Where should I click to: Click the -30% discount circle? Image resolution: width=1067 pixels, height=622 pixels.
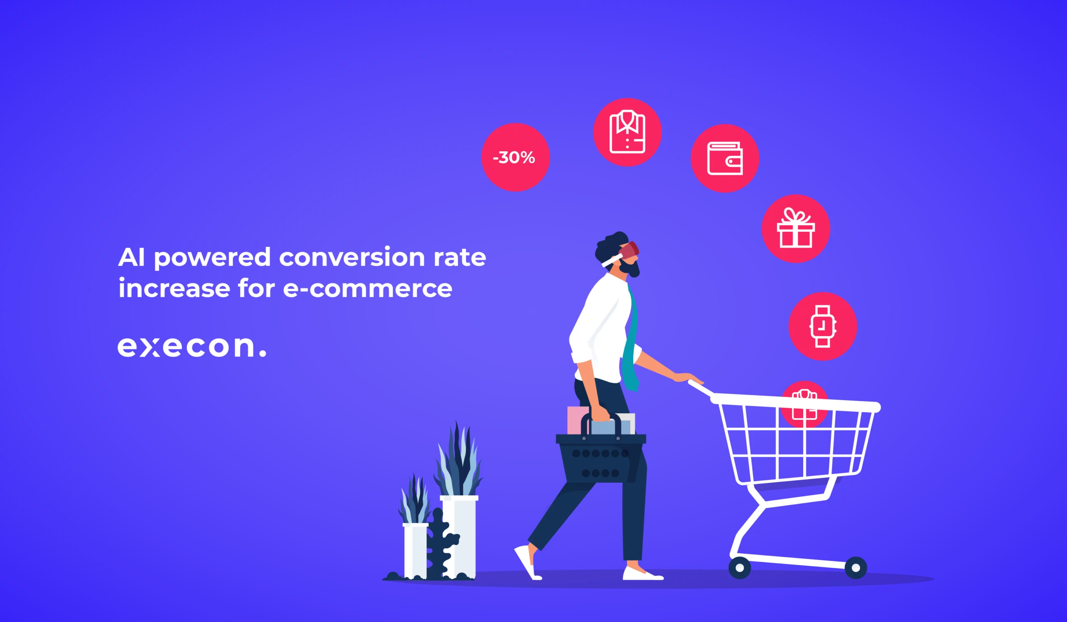click(515, 157)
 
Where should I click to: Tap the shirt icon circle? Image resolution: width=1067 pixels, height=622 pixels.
click(627, 132)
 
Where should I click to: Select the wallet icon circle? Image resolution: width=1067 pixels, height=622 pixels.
click(725, 158)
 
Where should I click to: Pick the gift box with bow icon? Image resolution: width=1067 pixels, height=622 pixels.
click(796, 228)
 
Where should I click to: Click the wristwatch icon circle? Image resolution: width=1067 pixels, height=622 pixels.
click(823, 326)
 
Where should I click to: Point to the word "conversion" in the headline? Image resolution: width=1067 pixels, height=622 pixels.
click(352, 257)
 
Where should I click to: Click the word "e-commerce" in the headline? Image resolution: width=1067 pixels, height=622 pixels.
click(368, 288)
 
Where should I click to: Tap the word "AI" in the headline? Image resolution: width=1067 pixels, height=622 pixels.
click(131, 257)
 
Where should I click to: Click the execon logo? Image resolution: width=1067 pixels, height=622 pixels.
click(192, 347)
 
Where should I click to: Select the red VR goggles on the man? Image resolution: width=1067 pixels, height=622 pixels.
click(629, 251)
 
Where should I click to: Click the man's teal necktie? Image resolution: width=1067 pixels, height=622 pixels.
click(631, 339)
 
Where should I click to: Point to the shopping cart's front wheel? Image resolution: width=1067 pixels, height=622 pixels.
click(856, 568)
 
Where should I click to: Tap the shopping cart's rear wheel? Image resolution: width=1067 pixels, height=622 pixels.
click(740, 568)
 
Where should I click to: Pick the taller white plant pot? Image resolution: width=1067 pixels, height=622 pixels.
click(459, 537)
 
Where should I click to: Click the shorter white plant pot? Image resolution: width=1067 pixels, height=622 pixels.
click(416, 551)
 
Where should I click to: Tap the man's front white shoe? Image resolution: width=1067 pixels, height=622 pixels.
click(641, 574)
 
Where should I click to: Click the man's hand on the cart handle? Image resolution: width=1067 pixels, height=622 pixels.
click(688, 377)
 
